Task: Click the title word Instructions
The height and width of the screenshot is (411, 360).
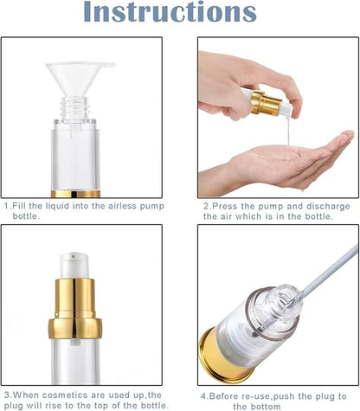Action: tap(180, 15)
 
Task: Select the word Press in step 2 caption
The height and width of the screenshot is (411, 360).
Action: tap(226, 207)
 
